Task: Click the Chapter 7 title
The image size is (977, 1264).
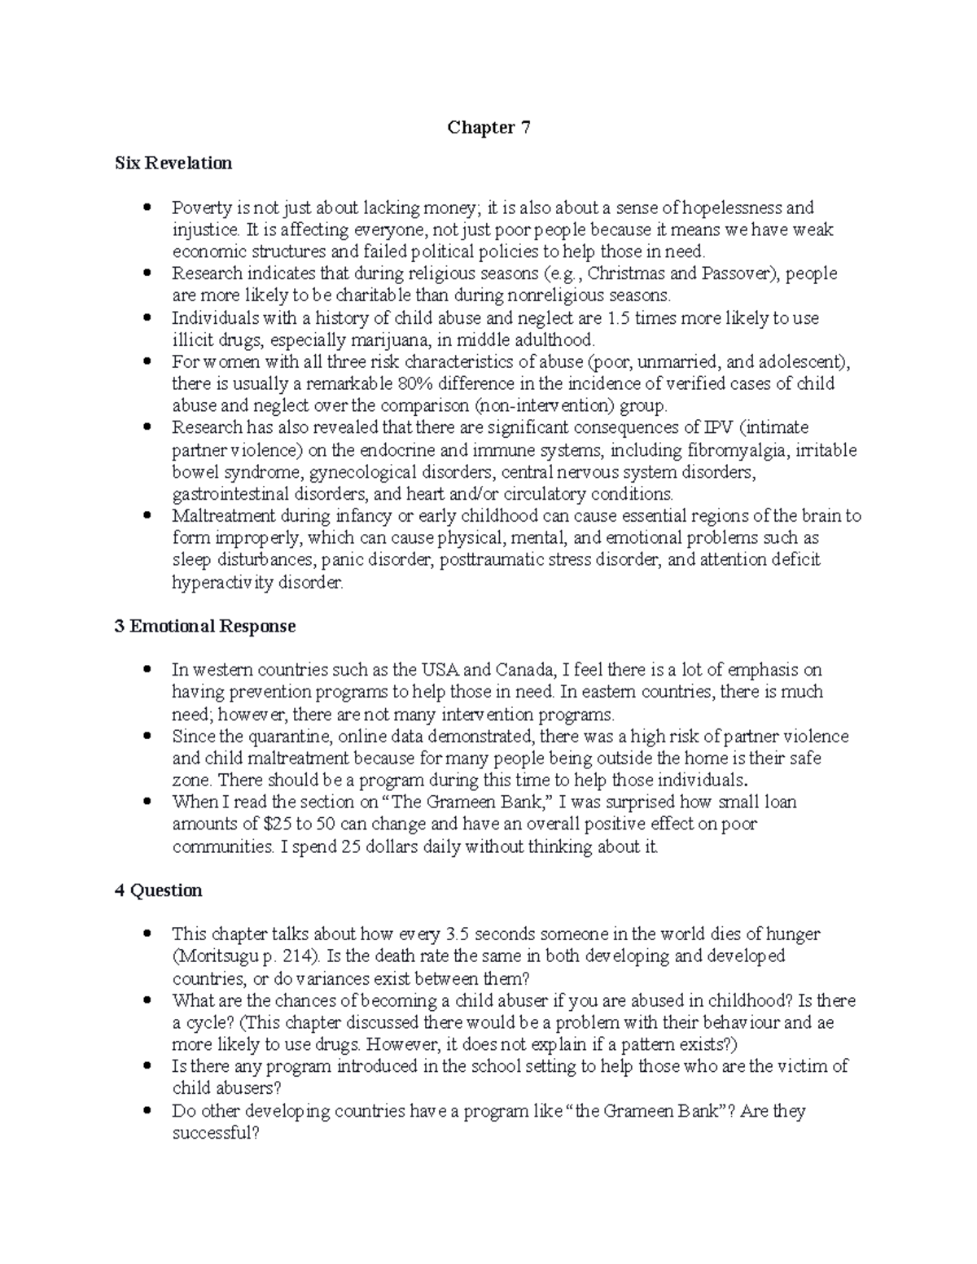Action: [x=488, y=128]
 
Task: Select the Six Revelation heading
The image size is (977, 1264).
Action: [x=173, y=164]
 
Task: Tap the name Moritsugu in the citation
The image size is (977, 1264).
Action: [x=210, y=956]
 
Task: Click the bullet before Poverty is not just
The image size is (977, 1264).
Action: [x=147, y=208]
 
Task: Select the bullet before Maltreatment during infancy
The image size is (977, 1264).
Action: [x=147, y=516]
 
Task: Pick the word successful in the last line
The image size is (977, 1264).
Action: [x=213, y=1133]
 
